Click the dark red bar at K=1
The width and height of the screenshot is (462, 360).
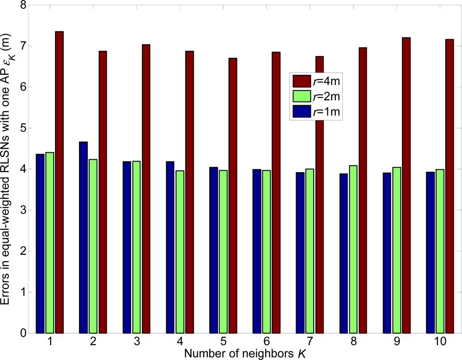pyautogui.click(x=59, y=182)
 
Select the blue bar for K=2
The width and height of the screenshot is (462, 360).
pyautogui.click(x=84, y=237)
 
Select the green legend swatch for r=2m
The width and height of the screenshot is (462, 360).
pyautogui.click(x=302, y=96)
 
